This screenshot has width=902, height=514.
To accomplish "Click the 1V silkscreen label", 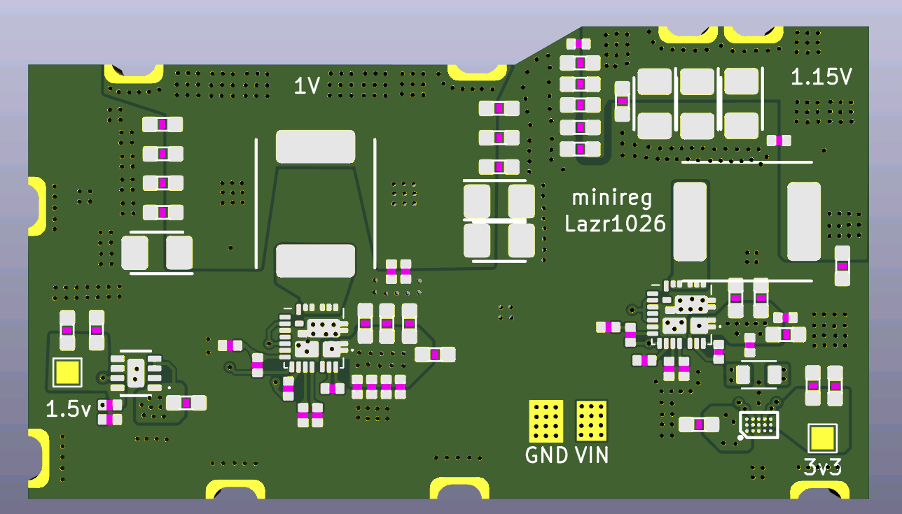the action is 307,85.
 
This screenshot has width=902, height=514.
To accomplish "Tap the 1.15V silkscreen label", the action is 821,76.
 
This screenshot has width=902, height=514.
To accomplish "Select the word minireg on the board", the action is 611,199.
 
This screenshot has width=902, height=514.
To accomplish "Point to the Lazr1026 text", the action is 616,224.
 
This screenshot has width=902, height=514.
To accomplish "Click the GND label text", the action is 546,455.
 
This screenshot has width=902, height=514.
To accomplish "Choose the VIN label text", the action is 592,455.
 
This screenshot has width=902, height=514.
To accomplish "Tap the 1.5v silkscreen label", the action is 69,409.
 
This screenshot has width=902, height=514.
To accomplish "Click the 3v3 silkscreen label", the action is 822,467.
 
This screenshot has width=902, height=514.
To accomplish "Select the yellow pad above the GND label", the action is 546,421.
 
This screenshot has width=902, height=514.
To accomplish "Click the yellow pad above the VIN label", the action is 591,421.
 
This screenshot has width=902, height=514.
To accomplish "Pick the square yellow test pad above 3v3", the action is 823,438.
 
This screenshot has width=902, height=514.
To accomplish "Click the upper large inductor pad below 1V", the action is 315,146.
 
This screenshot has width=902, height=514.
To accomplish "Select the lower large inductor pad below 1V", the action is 315,261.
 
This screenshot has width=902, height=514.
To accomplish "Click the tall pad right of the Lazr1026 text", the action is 691,221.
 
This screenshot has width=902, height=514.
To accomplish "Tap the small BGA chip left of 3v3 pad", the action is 759,424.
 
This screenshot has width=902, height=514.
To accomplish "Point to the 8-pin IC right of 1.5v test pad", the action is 136,373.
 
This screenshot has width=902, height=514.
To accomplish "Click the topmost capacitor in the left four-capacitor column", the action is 162,124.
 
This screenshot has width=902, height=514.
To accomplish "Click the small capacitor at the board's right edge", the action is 842,266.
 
